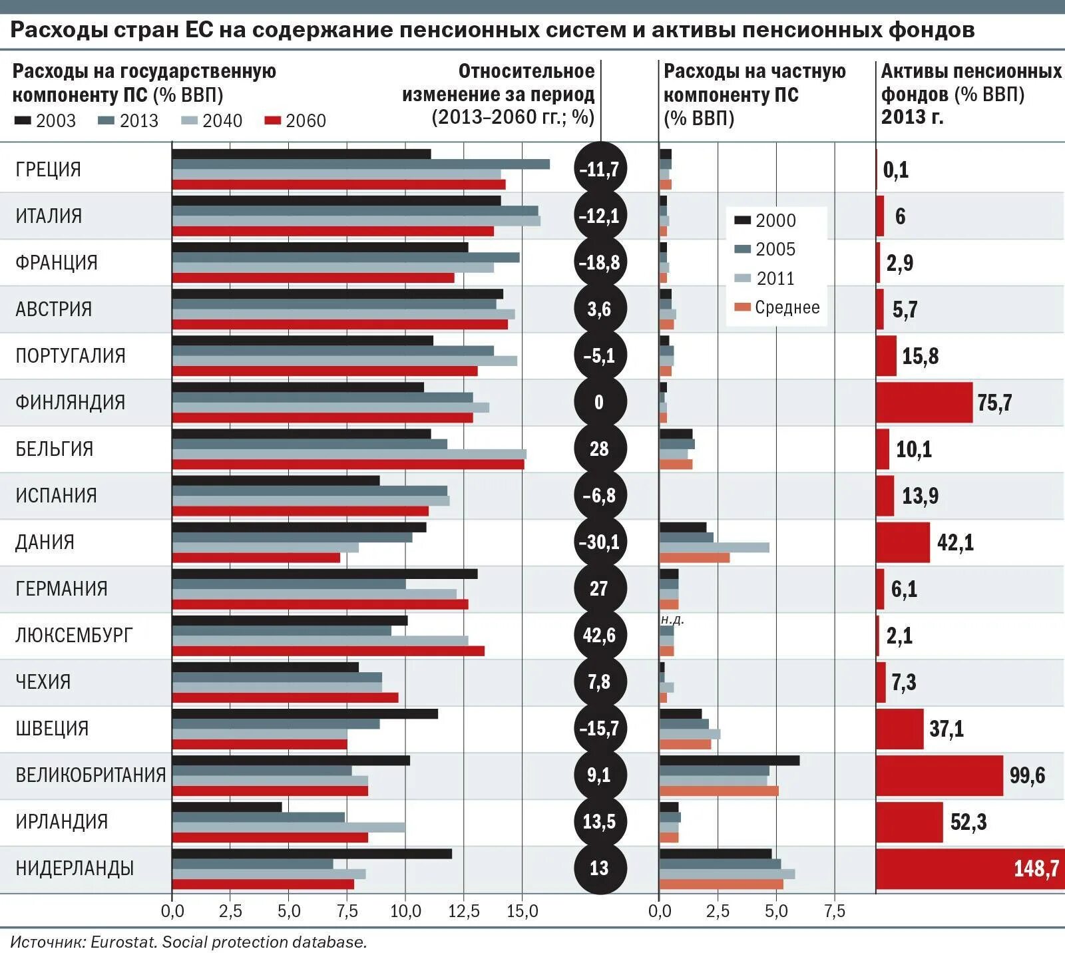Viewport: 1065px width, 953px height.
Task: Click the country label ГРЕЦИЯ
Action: pos(48,170)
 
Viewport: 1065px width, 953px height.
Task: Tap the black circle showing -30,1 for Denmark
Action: pos(600,542)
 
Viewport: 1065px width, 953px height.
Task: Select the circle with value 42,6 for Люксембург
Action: pos(600,635)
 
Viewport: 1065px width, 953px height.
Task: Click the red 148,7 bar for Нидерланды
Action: pos(969,868)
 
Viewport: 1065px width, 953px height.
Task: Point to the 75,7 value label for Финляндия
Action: pos(994,403)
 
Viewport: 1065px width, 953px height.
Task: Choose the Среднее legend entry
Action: pos(777,307)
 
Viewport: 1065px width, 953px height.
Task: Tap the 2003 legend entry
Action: pos(45,121)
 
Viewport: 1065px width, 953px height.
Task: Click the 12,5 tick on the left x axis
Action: pos(464,911)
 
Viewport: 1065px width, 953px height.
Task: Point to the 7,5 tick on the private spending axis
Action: pos(835,911)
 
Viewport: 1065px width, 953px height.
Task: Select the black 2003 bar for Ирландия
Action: pos(227,807)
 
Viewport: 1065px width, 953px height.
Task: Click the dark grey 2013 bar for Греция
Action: pos(361,164)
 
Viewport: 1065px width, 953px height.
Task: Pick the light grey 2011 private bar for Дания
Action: pos(714,547)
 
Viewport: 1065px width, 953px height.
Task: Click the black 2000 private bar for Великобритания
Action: pos(730,760)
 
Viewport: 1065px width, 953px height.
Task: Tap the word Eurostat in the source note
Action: pos(122,942)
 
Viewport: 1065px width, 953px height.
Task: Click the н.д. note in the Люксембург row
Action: pos(672,620)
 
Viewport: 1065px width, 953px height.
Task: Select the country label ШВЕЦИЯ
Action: pos(52,728)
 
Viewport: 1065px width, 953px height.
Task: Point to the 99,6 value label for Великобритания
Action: pos(1027,775)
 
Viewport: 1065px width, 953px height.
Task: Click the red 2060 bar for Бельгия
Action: pos(348,465)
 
